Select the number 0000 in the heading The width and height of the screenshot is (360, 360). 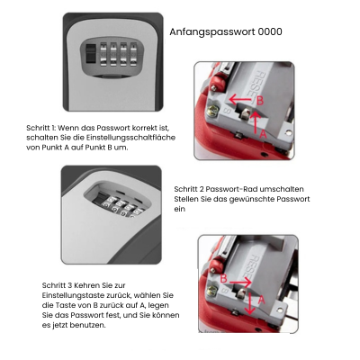tap(269, 31)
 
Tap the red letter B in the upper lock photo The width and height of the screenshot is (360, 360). tap(260, 101)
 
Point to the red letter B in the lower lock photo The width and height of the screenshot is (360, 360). tap(224, 280)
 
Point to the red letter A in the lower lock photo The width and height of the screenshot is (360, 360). tap(259, 300)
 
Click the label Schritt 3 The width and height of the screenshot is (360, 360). tap(60, 285)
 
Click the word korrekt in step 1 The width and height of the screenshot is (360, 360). tap(141, 129)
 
